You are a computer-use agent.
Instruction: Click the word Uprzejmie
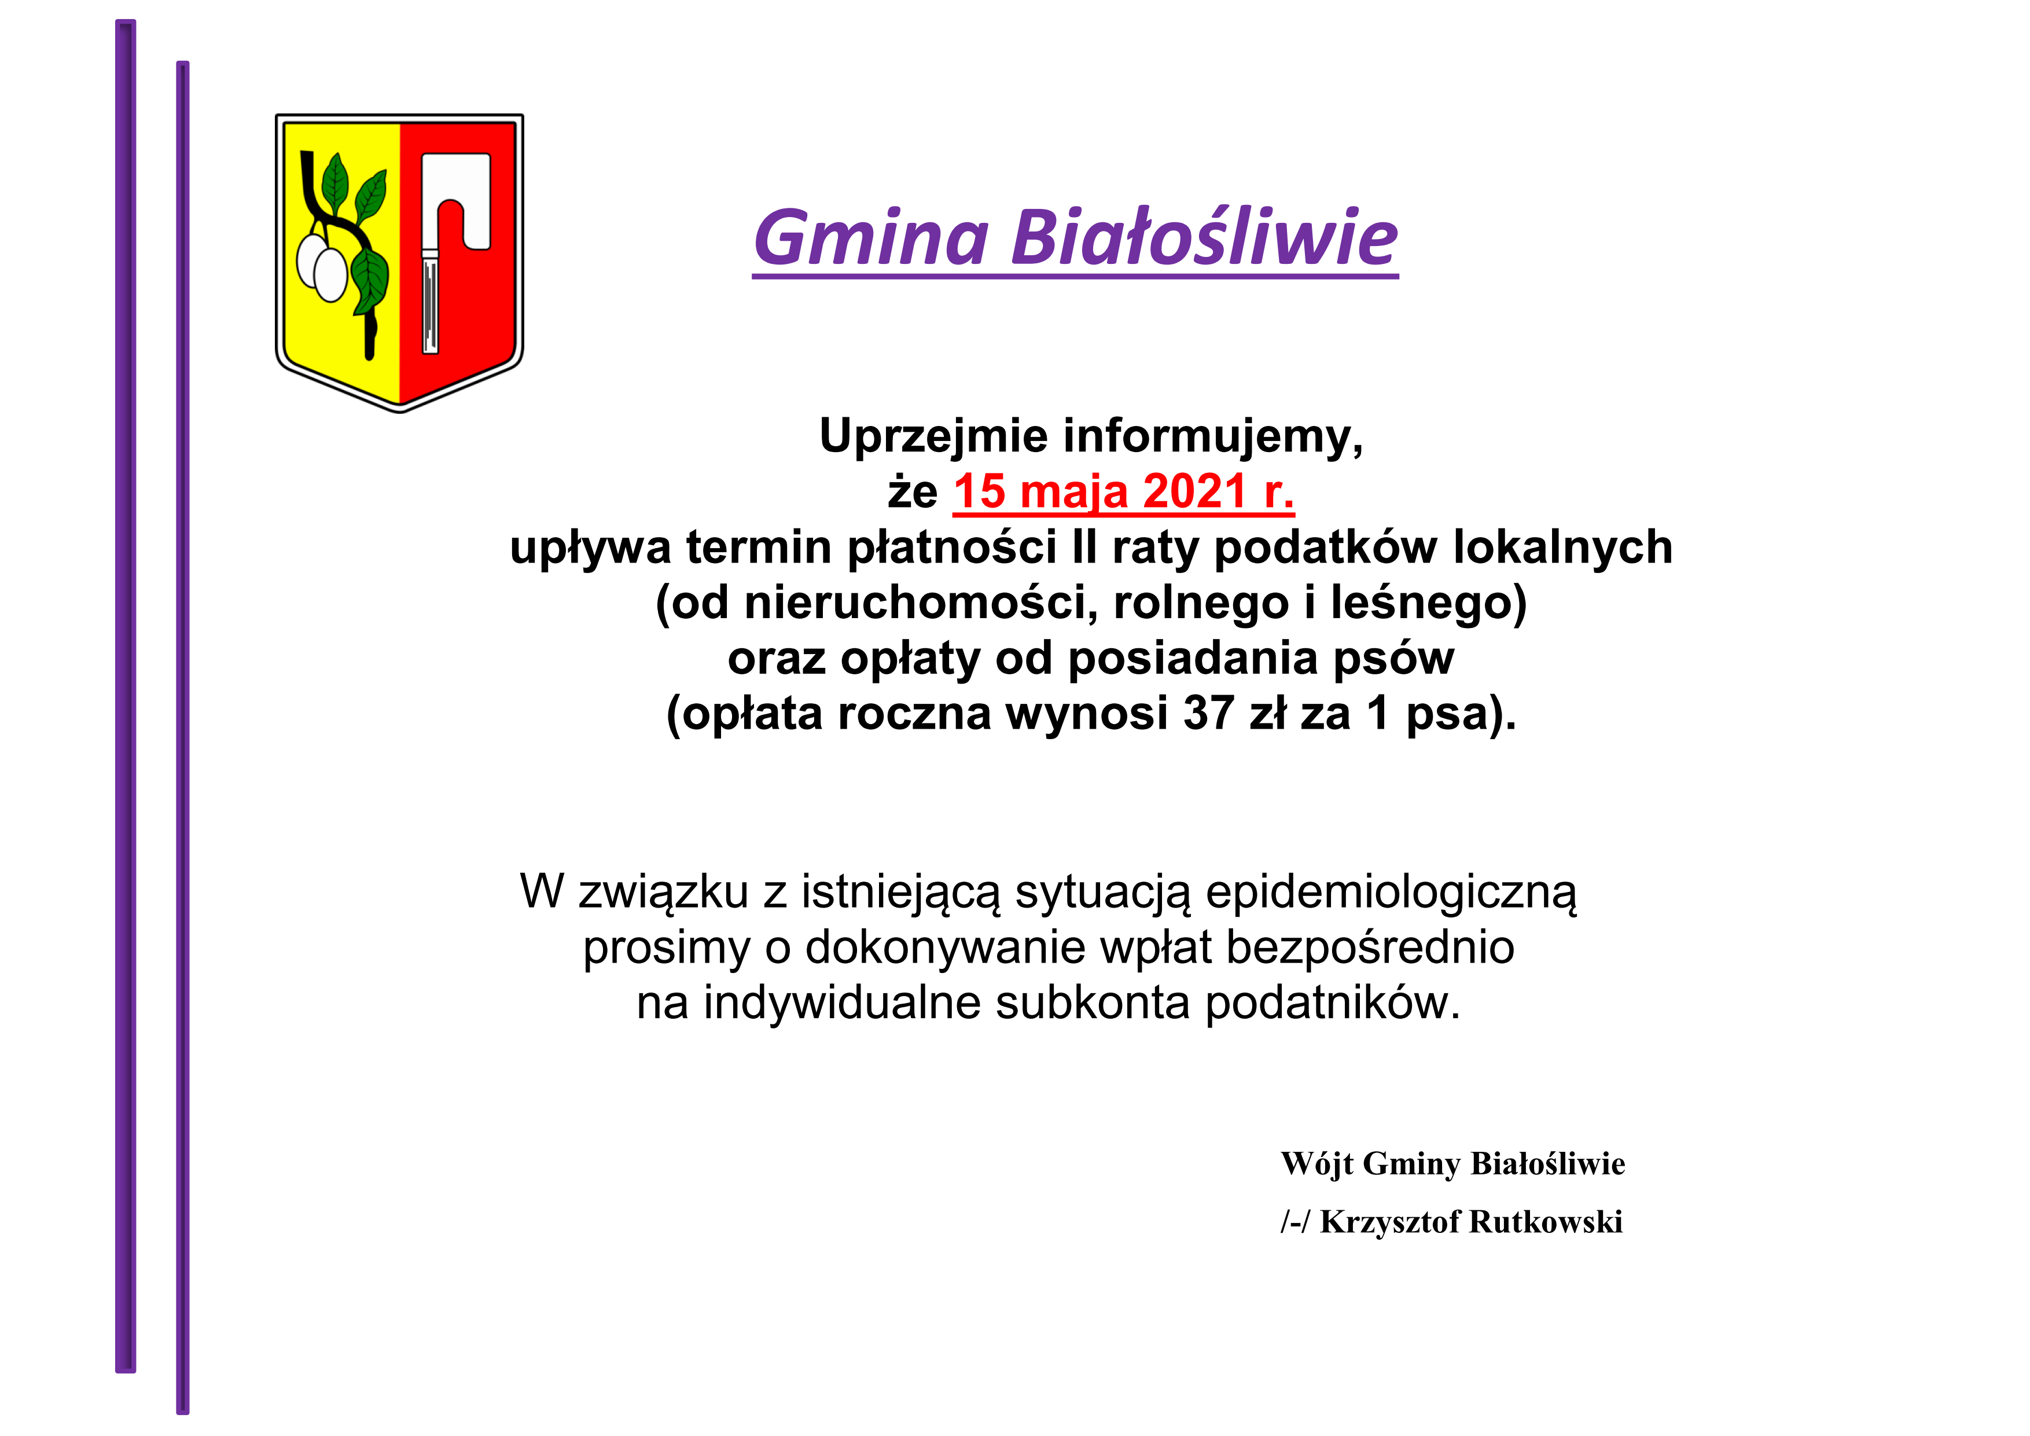pyautogui.click(x=933, y=437)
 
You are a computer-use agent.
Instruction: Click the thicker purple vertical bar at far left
pyautogui.click(x=126, y=696)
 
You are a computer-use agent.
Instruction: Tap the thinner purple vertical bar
pyautogui.click(x=183, y=737)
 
